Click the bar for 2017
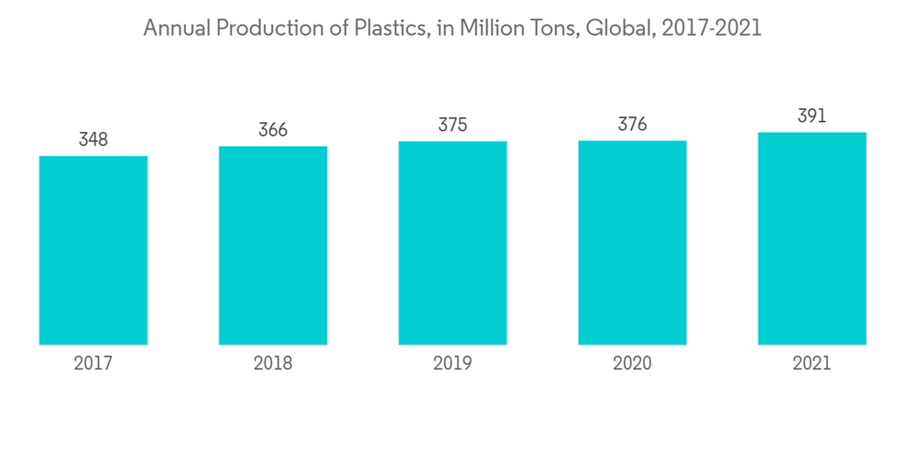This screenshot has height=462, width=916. point(93,250)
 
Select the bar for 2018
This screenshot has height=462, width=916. point(273,246)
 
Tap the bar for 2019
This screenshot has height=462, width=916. point(453,243)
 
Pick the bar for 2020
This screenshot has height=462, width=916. point(632,243)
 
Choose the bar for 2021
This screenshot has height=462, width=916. point(812,238)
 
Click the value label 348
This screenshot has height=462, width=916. point(93,140)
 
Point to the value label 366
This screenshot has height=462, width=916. point(273,130)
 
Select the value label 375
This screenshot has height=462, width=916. point(453,126)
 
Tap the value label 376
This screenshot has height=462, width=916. point(632,125)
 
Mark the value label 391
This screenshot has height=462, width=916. point(812,116)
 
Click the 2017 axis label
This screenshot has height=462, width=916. point(93,364)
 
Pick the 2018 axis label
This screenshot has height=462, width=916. point(273,364)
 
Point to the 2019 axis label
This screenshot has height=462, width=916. point(453,364)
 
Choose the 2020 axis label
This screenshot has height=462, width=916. point(632,364)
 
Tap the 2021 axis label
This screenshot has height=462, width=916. point(812,364)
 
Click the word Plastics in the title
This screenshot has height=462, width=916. point(387,28)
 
